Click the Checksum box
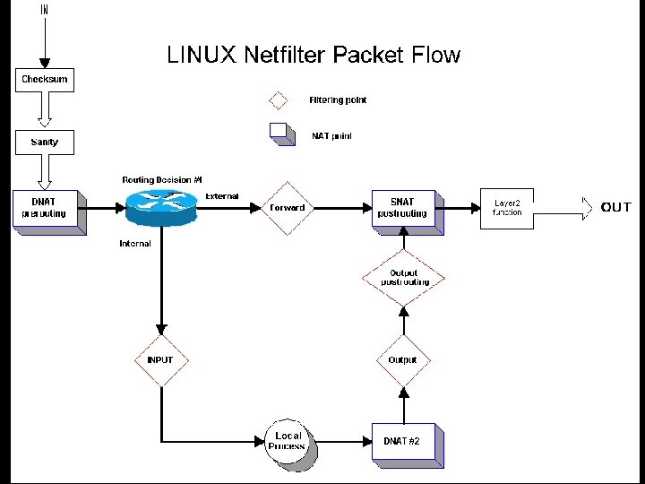[x=45, y=79]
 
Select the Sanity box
[x=44, y=142]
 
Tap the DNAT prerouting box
[x=46, y=208]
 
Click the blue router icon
[x=162, y=207]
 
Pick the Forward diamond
[x=287, y=208]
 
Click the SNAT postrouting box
[x=403, y=208]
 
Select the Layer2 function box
[x=507, y=208]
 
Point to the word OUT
[x=616, y=208]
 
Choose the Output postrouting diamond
[x=403, y=278]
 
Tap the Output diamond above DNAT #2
[x=403, y=360]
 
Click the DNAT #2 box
[x=403, y=441]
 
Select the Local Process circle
[x=288, y=441]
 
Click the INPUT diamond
[x=161, y=360]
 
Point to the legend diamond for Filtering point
[x=279, y=100]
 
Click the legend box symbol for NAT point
[x=281, y=134]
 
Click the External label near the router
[x=222, y=195]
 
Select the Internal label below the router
[x=135, y=243]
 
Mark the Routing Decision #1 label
[x=163, y=180]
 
